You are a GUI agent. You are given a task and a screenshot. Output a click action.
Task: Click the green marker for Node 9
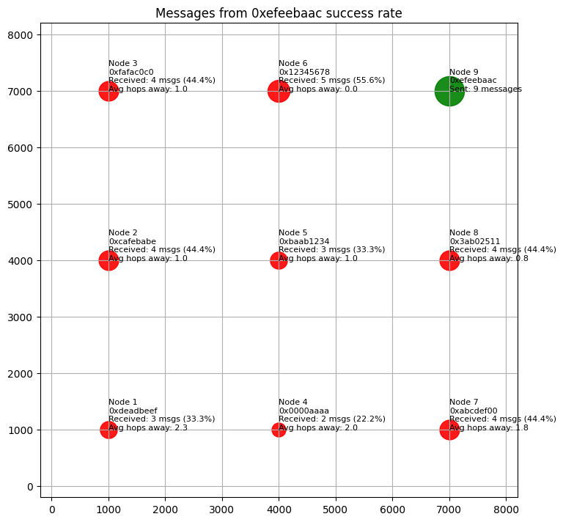click(x=449, y=91)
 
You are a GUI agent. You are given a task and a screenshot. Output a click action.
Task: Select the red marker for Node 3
click(x=108, y=91)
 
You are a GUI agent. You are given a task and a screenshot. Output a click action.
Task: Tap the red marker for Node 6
click(x=279, y=91)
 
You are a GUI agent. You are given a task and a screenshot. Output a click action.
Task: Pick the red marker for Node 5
click(x=279, y=260)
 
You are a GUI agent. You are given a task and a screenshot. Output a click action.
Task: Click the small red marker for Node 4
click(x=279, y=430)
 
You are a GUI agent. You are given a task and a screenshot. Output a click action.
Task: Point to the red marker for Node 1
click(x=108, y=430)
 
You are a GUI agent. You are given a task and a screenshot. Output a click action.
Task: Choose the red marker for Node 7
click(x=449, y=430)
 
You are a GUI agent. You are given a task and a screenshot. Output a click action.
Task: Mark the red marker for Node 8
click(x=449, y=260)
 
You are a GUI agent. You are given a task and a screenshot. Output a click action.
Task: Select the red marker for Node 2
click(x=108, y=260)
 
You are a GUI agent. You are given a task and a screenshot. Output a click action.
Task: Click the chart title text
click(x=279, y=13)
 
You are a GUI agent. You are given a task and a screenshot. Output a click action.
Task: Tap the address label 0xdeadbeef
click(x=133, y=411)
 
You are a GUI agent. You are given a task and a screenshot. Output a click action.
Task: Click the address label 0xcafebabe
click(x=132, y=241)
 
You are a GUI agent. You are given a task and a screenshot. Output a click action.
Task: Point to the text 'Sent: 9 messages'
click(x=485, y=89)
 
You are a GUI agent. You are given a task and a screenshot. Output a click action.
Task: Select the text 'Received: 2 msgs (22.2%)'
click(x=332, y=419)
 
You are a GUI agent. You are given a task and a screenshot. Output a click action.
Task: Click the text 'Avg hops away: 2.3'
click(x=148, y=427)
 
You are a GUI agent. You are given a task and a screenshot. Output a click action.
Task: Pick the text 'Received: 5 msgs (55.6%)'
click(x=332, y=81)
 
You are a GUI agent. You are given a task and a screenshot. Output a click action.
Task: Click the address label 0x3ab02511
click(x=474, y=241)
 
